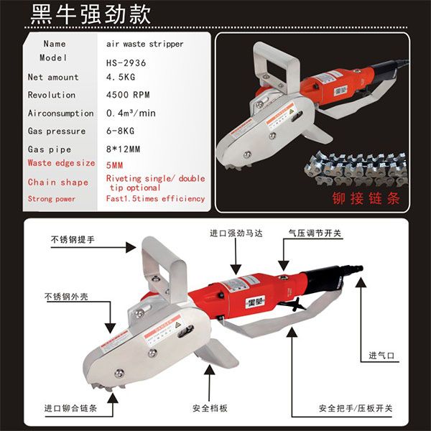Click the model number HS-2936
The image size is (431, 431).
[126, 63]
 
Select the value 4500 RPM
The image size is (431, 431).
[128, 95]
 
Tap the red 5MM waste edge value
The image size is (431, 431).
[114, 165]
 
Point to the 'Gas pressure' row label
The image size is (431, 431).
[57, 131]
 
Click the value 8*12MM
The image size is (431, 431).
[123, 149]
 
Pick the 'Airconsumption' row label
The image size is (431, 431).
[61, 113]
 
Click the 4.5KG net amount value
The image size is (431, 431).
[121, 77]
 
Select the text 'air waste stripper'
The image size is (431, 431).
[145, 44]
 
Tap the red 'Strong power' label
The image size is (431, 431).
[52, 199]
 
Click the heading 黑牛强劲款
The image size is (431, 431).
[91, 14]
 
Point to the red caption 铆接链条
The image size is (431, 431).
[366, 198]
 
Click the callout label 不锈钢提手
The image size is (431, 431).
[73, 240]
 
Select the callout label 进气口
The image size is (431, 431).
[381, 356]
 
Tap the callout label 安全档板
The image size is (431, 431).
[210, 408]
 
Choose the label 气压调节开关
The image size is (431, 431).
[315, 233]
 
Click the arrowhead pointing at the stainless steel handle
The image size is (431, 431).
[131, 247]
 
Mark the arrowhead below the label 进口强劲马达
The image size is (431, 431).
[236, 269]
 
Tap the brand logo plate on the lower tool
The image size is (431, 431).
[255, 302]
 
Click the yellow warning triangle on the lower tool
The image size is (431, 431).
[178, 325]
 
